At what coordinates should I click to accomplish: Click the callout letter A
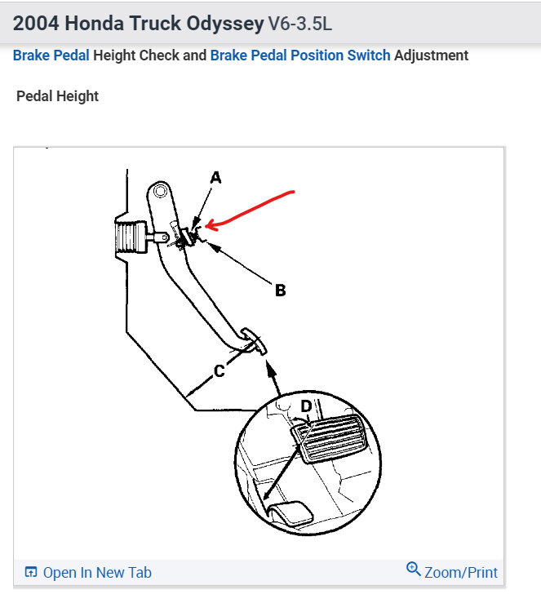click(x=215, y=177)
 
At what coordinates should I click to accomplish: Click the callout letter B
click(x=280, y=290)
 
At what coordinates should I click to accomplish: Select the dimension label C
click(x=219, y=371)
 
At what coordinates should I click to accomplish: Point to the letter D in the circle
click(x=306, y=406)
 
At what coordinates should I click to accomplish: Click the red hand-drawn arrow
click(x=253, y=206)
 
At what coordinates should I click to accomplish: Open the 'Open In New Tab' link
click(x=96, y=572)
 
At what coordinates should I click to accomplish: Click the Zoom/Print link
click(x=460, y=572)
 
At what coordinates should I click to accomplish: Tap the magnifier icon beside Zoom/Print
click(x=413, y=570)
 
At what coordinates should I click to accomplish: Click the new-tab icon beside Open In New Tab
click(x=31, y=572)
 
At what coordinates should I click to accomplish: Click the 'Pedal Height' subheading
click(x=57, y=96)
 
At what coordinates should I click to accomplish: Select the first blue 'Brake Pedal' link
click(x=51, y=55)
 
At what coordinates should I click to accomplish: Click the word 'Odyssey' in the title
click(x=224, y=24)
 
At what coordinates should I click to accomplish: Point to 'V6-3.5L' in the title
click(x=300, y=24)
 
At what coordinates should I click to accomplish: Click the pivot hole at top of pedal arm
click(x=160, y=193)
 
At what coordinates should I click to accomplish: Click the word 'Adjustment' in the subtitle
click(x=432, y=55)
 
